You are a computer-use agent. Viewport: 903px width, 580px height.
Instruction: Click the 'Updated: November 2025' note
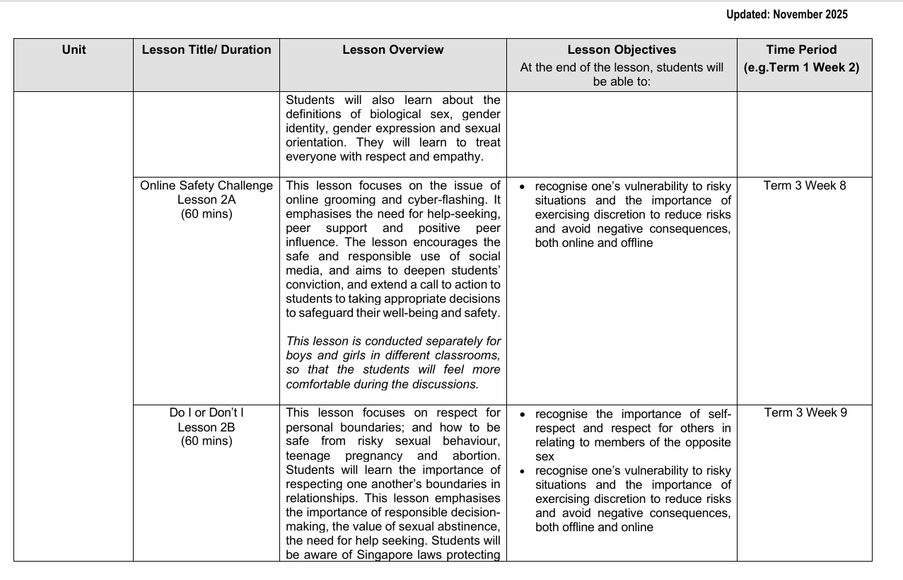(786, 15)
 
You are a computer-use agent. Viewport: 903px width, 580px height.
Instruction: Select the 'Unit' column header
(74, 50)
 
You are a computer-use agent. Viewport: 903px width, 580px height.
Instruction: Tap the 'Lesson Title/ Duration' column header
(206, 50)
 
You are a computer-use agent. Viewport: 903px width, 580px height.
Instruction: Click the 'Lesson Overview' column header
(393, 50)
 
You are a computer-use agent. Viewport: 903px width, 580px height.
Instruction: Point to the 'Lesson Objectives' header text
(622, 50)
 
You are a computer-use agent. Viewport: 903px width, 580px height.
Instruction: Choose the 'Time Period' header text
(801, 50)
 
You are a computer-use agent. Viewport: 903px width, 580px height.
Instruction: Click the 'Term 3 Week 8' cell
(805, 186)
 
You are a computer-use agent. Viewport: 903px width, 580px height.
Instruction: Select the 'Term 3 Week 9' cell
(805, 413)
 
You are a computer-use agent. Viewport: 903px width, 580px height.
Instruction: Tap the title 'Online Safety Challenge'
(206, 186)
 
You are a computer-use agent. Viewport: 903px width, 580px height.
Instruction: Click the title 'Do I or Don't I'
(206, 413)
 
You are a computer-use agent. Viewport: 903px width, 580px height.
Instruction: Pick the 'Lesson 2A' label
(206, 200)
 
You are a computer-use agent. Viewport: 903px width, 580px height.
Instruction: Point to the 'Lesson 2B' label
(206, 427)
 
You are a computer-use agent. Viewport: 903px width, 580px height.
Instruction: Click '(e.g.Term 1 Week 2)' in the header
(801, 68)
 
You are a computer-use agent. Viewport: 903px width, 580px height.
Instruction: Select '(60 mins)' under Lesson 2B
(206, 441)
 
